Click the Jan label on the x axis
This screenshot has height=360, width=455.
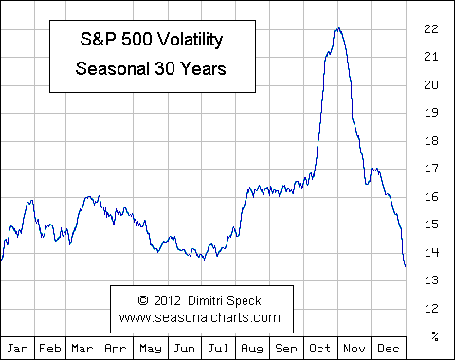pos(17,348)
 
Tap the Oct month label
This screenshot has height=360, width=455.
pos(321,348)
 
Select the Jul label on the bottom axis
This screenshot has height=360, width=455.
pos(220,348)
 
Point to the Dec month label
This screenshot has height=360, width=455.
pos(389,348)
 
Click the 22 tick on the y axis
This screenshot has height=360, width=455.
pos(431,29)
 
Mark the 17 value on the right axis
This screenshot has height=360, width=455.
pos(431,169)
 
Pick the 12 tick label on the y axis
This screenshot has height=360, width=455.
pos(431,308)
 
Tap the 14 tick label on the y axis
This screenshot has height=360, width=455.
pos(431,252)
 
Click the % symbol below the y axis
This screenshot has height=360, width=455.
pos(435,335)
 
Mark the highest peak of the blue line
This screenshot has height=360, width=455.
pos(337,28)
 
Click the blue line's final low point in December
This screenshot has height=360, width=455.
pos(406,266)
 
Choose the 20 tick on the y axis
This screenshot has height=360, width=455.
pos(431,85)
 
